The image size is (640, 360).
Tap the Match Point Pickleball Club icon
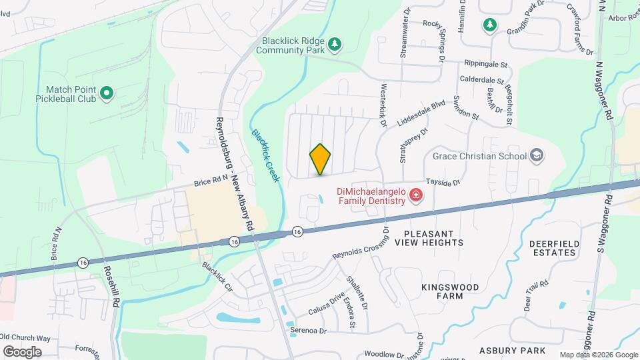pyautogui.click(x=106, y=95)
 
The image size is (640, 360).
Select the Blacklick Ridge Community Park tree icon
pyautogui.click(x=336, y=45)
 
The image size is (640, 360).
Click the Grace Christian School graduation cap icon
pyautogui.click(x=537, y=156)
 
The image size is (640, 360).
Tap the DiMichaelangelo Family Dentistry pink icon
pyautogui.click(x=417, y=195)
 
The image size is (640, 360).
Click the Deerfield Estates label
pyautogui.click(x=553, y=249)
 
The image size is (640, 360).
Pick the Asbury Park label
pyautogui.click(x=513, y=350)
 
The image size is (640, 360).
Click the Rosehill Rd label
pyautogui.click(x=111, y=287)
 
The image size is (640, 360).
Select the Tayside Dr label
pyautogui.click(x=444, y=182)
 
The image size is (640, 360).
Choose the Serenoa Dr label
pyautogui.click(x=308, y=330)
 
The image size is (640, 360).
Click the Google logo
pyautogui.click(x=22, y=351)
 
